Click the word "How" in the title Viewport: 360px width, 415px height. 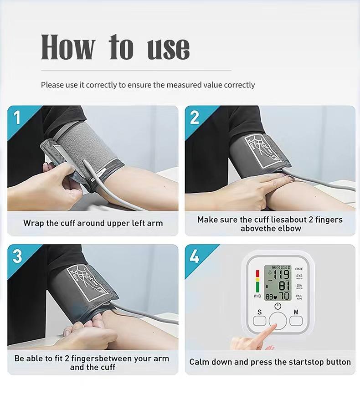[x=68, y=47]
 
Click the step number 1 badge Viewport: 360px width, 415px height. [x=17, y=118]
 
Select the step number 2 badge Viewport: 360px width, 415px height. [x=195, y=118]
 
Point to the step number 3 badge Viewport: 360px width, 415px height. [x=17, y=256]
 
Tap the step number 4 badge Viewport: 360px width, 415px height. [x=195, y=256]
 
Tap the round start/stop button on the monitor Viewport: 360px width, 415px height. [x=278, y=321]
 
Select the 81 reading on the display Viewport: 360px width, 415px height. [x=284, y=286]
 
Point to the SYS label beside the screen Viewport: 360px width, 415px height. [x=299, y=276]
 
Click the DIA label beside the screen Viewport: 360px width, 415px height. [x=299, y=286]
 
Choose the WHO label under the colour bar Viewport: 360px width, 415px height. [x=257, y=296]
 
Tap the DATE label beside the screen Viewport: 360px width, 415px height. [x=299, y=269]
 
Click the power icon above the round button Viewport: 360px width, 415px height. [x=278, y=306]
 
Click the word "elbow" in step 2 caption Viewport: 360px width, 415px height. [x=289, y=229]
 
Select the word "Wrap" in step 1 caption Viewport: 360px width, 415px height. [x=34, y=223]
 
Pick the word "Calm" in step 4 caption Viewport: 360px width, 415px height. [x=200, y=362]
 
